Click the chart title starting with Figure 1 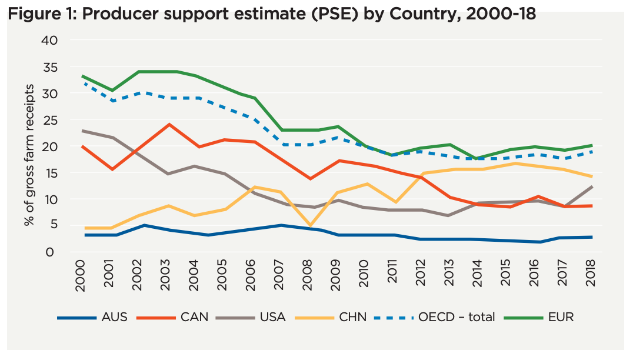tap(272, 14)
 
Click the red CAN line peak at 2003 tap(169, 124)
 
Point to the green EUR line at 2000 tap(84, 76)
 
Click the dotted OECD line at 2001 tap(112, 101)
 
